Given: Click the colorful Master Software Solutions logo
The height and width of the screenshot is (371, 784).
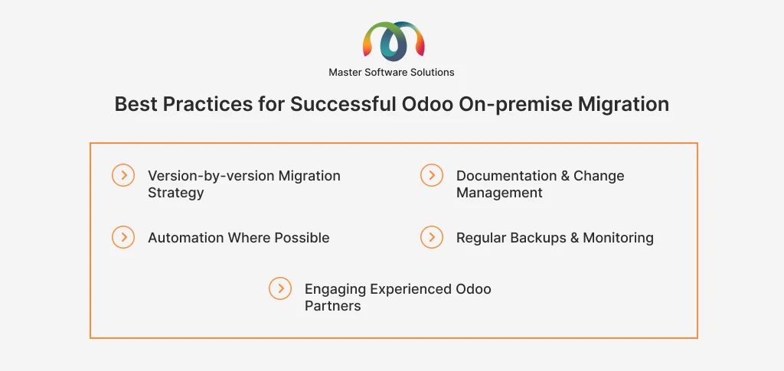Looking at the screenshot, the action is pos(394,41).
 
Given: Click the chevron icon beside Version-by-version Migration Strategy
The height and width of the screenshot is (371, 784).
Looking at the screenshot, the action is pos(123,175).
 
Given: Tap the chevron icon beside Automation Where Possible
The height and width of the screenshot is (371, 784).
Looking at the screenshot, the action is pos(123,236).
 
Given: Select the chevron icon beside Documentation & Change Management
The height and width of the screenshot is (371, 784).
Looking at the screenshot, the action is pos(432,175).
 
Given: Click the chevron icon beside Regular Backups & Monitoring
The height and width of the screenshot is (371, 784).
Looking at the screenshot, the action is pos(432,236).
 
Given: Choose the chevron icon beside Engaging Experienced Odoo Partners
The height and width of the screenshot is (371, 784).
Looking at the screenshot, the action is pos(280,288).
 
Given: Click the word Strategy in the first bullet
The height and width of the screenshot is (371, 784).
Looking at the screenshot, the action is pos(175,194).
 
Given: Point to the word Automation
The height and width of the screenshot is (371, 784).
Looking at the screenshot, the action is pos(185,238).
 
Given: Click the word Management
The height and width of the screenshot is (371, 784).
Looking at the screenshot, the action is pos(499,194).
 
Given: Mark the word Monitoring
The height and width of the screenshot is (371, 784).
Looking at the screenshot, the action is pos(618,238).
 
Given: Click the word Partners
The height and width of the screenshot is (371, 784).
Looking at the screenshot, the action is pos(332,305).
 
